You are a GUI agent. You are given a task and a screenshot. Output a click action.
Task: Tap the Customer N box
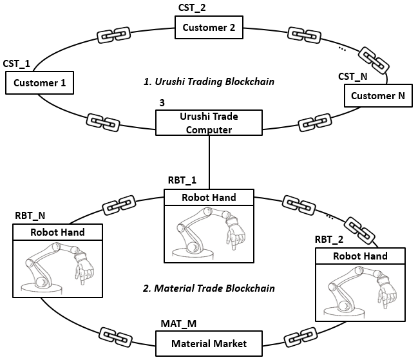377,96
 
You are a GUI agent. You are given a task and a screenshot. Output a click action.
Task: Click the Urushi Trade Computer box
209,122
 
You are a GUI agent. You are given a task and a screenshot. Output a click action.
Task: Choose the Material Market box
209,343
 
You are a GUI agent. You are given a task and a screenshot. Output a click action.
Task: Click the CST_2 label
193,8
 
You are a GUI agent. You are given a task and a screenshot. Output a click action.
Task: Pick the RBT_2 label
328,240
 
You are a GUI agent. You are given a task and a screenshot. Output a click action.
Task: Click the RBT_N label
30,214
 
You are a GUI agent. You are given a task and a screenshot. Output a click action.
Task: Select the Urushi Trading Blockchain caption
209,82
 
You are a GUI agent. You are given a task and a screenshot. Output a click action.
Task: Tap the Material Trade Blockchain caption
209,288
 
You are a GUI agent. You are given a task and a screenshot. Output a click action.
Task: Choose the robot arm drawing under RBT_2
360,289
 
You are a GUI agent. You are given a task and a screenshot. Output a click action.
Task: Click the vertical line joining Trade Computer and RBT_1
210,161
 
